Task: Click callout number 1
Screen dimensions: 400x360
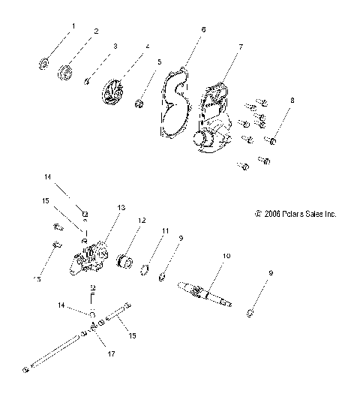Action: [73, 26]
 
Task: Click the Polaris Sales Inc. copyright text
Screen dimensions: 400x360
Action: [295, 214]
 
